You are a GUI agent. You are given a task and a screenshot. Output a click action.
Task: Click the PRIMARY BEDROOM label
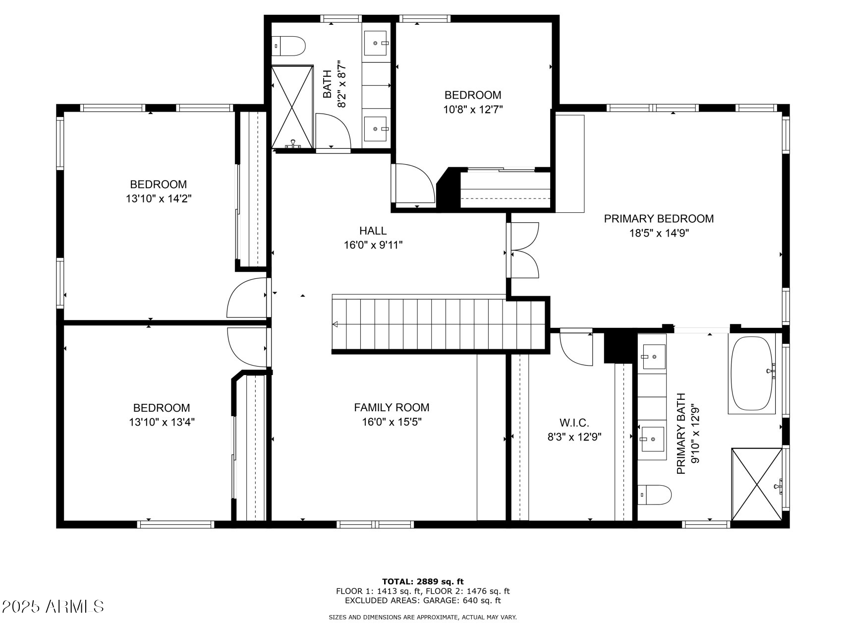pyautogui.click(x=658, y=219)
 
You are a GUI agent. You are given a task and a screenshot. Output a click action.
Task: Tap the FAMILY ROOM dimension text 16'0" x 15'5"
pyautogui.click(x=392, y=422)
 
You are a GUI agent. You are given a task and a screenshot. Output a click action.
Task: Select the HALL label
pyautogui.click(x=373, y=231)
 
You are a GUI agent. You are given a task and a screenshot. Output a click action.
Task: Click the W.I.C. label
pyautogui.click(x=574, y=423)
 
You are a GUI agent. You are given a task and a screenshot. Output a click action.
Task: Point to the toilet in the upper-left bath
pyautogui.click(x=288, y=46)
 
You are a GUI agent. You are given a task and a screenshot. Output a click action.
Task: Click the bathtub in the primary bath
pyautogui.click(x=751, y=375)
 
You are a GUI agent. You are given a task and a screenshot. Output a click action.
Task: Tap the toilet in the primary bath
pyautogui.click(x=654, y=495)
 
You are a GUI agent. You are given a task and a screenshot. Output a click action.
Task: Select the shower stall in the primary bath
pyautogui.click(x=756, y=484)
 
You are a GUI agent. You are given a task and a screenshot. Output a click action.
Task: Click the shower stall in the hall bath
pyautogui.click(x=292, y=107)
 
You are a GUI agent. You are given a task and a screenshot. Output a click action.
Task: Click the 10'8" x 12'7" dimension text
pyautogui.click(x=473, y=109)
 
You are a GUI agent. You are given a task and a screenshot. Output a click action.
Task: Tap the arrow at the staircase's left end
pyautogui.click(x=336, y=324)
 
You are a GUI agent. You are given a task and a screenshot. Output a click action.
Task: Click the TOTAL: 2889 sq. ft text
pyautogui.click(x=423, y=581)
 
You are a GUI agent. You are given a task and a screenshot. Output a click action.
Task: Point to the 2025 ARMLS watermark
pyautogui.click(x=53, y=606)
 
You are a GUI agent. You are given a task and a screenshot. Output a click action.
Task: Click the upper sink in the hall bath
pyautogui.click(x=376, y=43)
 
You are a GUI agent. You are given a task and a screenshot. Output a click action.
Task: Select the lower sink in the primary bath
pyautogui.click(x=652, y=440)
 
